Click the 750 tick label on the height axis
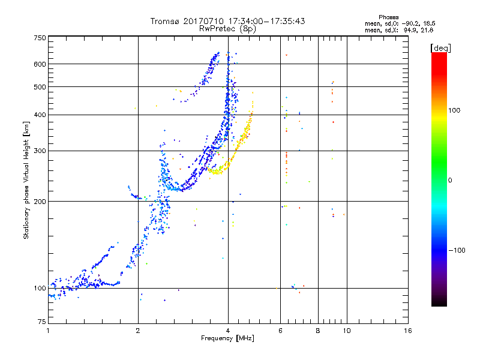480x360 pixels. [40, 38]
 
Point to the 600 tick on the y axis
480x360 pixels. [40, 64]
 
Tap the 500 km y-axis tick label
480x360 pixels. [40, 87]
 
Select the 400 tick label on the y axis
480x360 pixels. [40, 115]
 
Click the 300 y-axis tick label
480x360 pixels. [40, 151]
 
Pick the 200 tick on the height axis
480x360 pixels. [40, 202]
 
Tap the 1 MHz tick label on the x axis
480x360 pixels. [48, 331]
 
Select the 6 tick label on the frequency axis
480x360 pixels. [281, 331]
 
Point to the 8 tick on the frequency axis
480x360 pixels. [318, 331]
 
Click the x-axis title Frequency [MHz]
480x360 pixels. [227, 339]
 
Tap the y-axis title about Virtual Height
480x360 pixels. [26, 181]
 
